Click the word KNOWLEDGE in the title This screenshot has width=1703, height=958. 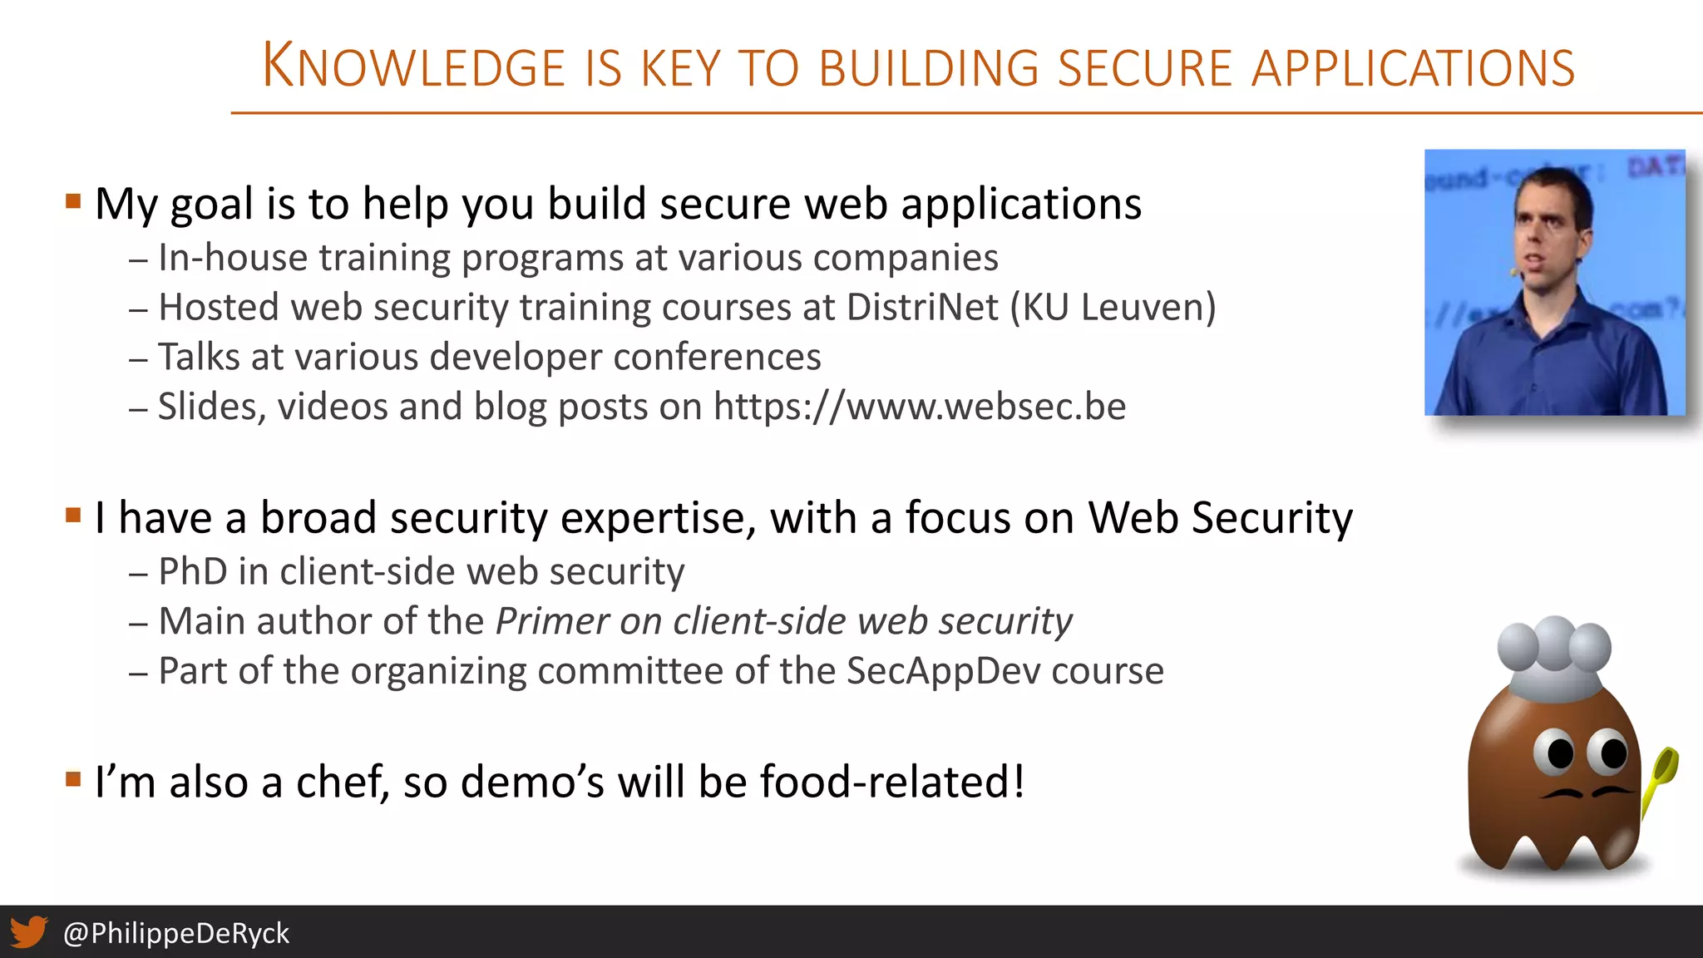(x=413, y=67)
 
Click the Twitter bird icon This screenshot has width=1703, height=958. (x=28, y=932)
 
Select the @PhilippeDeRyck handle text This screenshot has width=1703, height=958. (x=176, y=933)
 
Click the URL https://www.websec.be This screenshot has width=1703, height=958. (x=920, y=407)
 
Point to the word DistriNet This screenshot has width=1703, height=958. (x=922, y=307)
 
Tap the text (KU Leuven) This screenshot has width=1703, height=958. (x=1113, y=307)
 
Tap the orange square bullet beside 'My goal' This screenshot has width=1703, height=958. (x=73, y=201)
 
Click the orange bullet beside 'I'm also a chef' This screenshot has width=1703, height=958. (x=73, y=779)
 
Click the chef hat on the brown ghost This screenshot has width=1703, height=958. (x=1553, y=657)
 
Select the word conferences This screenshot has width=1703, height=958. (x=717, y=357)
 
